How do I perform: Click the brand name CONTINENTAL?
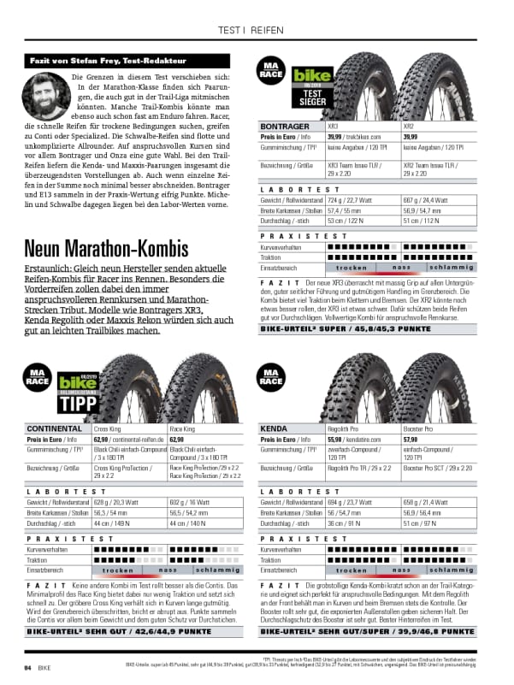[55, 428]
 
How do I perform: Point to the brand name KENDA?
[275, 428]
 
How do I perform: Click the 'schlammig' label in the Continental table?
[219, 569]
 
